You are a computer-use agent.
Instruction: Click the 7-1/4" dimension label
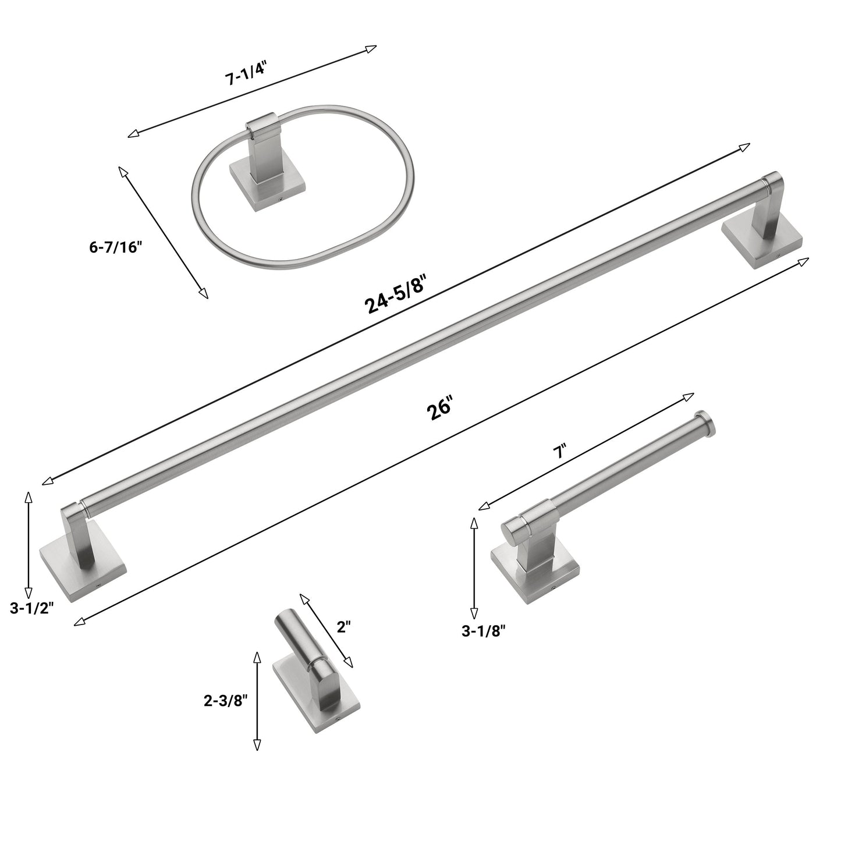[x=245, y=74]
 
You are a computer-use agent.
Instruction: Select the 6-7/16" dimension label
[x=116, y=247]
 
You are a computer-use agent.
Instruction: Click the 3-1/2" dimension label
[x=31, y=608]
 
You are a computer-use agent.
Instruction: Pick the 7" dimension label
[x=559, y=451]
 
